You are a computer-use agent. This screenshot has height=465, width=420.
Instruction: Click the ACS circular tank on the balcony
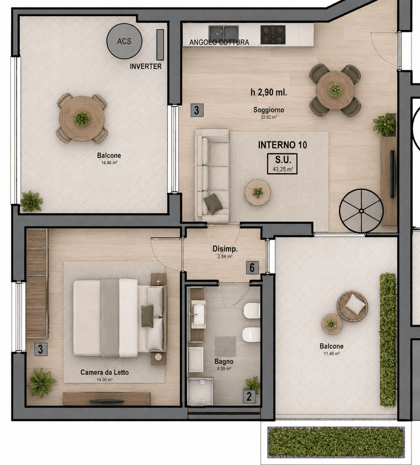pos(124,41)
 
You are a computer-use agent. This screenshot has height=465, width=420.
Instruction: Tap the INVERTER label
pos(146,66)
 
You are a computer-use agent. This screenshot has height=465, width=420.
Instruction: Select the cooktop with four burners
pos(273,34)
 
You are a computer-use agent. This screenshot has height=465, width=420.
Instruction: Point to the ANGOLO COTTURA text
pos(219,43)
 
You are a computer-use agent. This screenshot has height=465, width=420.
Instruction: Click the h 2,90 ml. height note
pos(269,93)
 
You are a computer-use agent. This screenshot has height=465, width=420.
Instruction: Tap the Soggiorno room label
pos(269,110)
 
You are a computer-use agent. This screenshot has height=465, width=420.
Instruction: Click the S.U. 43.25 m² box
pos(282,164)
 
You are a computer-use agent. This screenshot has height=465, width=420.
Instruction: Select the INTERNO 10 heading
pos(283,145)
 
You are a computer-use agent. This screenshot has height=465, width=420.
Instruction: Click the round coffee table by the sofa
pos(258,192)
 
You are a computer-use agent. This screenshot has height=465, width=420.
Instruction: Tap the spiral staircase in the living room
pos(361,211)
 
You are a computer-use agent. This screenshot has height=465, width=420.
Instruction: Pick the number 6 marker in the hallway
pos(252,267)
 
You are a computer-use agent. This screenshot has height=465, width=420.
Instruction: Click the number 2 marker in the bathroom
pos(249,396)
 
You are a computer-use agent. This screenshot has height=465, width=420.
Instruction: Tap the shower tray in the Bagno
pos(200,391)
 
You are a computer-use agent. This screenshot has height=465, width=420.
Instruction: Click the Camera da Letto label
pos(104,372)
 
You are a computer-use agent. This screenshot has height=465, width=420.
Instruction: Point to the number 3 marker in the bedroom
pos(41,349)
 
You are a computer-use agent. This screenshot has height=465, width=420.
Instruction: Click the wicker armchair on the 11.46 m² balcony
pos(352,306)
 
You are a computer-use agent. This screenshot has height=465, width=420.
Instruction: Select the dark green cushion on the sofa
pos(213,203)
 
